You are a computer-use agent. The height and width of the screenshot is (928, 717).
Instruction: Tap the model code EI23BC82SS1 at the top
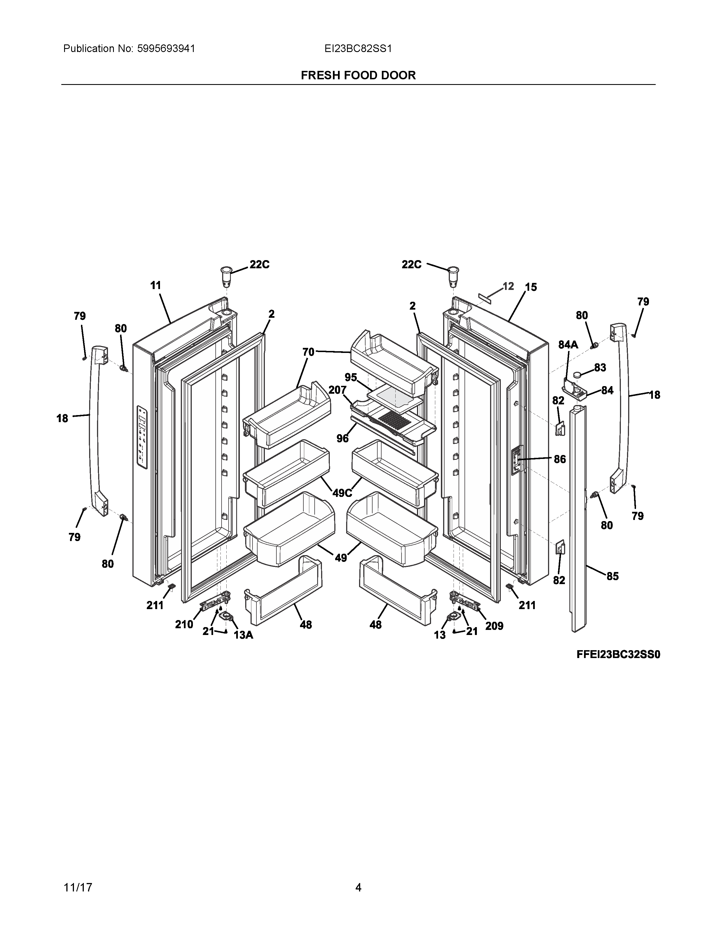coord(358,48)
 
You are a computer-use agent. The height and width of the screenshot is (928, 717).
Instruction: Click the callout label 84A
coord(568,345)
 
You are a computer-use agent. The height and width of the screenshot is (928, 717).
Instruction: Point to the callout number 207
coord(337,390)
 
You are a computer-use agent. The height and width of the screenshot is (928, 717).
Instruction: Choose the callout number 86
coord(560,459)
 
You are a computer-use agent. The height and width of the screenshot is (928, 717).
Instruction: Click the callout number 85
coord(612,576)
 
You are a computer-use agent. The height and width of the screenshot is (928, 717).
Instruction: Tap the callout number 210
coord(184,624)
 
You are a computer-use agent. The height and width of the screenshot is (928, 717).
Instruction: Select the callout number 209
coord(494,626)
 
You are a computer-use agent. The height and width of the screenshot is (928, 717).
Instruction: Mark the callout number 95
coord(351,377)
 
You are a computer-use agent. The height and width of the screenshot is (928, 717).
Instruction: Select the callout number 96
coord(342,438)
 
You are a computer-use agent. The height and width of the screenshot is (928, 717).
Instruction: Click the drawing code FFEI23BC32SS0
coord(618,655)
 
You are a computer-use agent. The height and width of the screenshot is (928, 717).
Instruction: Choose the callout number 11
coord(156,285)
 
